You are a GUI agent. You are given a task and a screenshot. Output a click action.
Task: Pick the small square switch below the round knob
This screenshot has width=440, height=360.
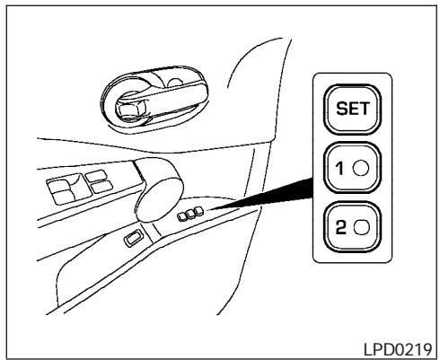(132, 237)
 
